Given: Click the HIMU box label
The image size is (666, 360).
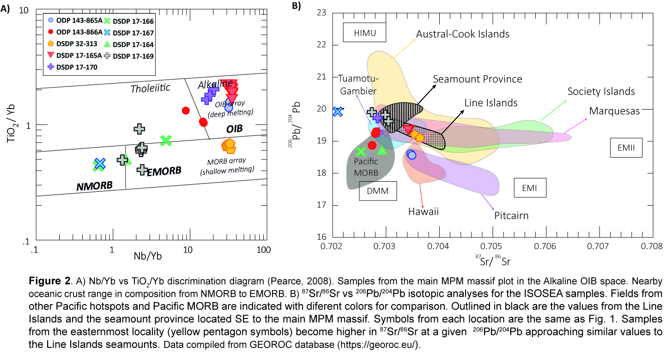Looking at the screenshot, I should (x=364, y=33).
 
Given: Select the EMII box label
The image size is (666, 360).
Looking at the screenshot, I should (x=626, y=147).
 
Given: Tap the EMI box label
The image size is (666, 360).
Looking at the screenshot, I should (x=530, y=188).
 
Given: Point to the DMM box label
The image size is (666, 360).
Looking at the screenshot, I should (x=378, y=190).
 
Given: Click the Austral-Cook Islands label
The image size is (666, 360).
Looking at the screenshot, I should (x=462, y=34).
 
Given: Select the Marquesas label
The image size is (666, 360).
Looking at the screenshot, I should (x=614, y=111).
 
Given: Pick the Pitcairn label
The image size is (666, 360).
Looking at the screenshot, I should (x=511, y=215).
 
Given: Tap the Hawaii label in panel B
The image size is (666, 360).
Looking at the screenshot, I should (x=423, y=212).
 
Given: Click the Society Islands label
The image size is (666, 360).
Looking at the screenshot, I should (x=601, y=92).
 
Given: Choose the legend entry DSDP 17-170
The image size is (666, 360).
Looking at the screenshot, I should (x=74, y=67).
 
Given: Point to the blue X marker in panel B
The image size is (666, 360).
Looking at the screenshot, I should (x=338, y=111).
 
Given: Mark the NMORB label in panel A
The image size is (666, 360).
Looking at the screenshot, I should (x=94, y=186).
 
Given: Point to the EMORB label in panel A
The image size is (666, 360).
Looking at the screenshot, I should (x=164, y=171).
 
